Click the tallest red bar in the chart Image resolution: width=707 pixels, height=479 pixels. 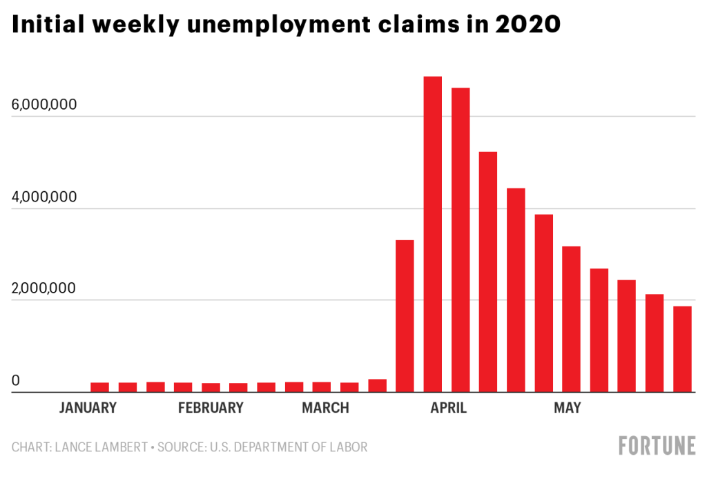[433, 235]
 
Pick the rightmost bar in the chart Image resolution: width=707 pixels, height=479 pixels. [682, 349]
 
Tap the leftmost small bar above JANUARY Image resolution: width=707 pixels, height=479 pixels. [100, 387]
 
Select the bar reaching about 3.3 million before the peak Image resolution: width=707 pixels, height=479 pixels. [405, 316]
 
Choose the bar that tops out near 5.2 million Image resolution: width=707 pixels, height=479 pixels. [488, 272]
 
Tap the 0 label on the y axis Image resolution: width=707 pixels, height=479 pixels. [16, 380]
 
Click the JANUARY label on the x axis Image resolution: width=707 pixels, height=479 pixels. [88, 408]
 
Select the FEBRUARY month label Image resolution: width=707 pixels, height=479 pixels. [211, 408]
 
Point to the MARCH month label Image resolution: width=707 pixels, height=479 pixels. [325, 408]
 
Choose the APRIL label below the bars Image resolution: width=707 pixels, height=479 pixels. [448, 408]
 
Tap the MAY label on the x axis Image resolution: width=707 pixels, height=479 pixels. [567, 408]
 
